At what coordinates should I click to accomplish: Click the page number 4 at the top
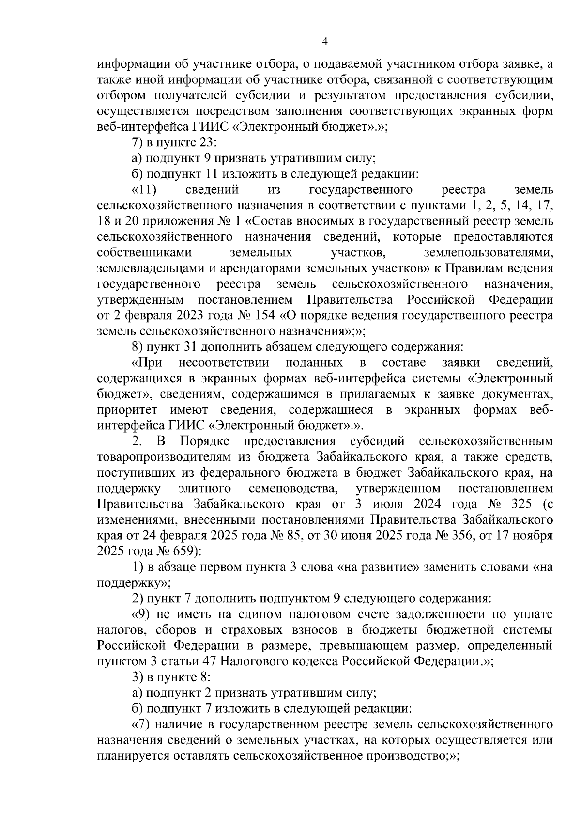325,42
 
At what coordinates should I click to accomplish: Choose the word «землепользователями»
489,253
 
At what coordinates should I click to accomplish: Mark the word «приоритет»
125,410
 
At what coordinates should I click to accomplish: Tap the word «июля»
388,504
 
